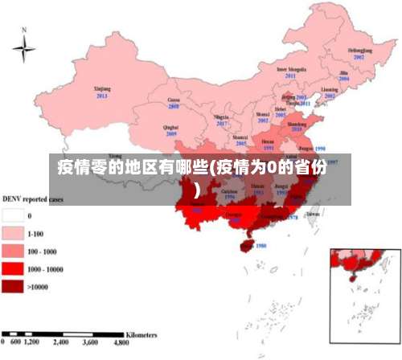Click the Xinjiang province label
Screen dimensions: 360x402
(x=102, y=88)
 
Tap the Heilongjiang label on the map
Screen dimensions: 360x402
(x=359, y=51)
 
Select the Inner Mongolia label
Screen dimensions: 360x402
(x=292, y=69)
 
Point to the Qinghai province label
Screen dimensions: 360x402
(x=170, y=127)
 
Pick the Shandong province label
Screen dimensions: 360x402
(x=297, y=123)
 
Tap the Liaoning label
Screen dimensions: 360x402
(x=330, y=89)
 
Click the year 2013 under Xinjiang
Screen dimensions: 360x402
(x=102, y=96)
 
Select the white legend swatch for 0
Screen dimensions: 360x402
(x=14, y=215)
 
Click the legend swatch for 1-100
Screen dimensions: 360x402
(x=14, y=234)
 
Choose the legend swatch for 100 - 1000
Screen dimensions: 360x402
(x=14, y=252)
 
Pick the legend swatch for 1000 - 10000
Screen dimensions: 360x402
(x=14, y=269)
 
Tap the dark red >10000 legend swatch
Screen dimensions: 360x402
(x=14, y=287)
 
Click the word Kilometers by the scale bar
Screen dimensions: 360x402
(x=142, y=332)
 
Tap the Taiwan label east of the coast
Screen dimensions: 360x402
(x=313, y=214)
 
